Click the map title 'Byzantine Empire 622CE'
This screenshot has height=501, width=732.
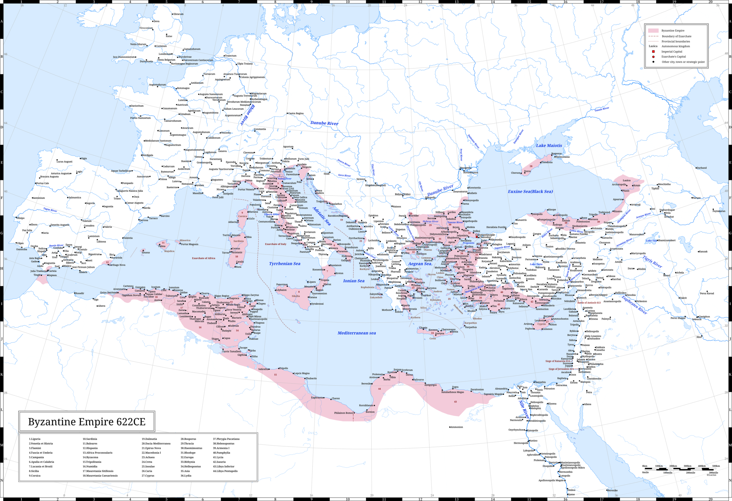87,422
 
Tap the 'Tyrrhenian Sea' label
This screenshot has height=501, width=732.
285,264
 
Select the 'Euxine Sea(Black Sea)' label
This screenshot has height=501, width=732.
530,191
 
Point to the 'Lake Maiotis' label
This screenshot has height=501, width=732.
549,145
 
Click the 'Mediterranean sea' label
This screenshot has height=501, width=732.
356,333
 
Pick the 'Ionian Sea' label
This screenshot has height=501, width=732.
353,281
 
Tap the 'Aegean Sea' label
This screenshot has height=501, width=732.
420,264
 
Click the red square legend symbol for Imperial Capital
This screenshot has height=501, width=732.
653,51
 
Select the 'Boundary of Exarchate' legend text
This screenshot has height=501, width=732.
676,36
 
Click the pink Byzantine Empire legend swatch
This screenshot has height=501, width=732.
653,30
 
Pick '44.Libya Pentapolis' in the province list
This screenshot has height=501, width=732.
225,471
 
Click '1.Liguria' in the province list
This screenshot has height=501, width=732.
35,439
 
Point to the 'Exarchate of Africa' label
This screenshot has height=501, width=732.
203,258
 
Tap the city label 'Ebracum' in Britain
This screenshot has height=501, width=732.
178,14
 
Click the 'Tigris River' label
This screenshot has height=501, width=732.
652,261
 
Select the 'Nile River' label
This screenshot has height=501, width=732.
524,409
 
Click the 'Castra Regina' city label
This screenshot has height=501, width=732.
296,113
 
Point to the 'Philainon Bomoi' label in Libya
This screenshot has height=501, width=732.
343,413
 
